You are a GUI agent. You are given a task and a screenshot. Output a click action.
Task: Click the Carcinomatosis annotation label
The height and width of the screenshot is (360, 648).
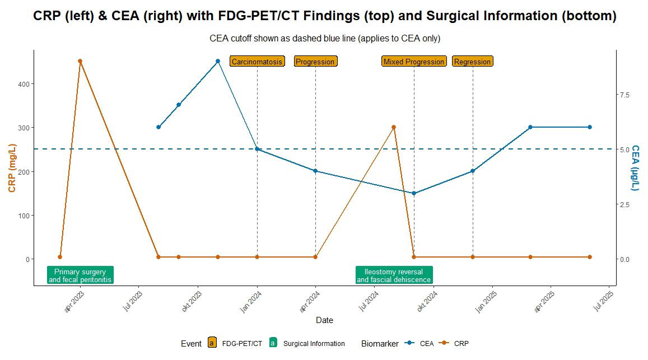(x=257, y=62)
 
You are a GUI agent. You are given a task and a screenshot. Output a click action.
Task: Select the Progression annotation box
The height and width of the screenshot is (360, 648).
(x=315, y=62)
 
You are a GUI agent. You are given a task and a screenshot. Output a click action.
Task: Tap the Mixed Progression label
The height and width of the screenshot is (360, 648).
(x=414, y=62)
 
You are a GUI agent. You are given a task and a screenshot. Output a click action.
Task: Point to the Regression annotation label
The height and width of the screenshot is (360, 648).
(x=472, y=62)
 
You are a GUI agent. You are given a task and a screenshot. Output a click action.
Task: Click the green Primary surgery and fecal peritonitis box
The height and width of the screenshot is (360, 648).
(x=80, y=275)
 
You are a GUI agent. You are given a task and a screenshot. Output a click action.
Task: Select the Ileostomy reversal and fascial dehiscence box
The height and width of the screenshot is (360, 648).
(x=394, y=275)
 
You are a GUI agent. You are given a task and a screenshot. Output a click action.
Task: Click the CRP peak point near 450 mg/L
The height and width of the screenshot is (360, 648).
(x=80, y=61)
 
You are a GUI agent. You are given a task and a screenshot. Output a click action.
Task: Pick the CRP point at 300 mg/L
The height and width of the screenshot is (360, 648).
(x=394, y=127)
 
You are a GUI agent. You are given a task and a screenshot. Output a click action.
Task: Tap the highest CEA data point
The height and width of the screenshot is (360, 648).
(x=218, y=61)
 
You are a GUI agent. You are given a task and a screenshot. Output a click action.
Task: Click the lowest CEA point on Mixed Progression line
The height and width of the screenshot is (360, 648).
(x=414, y=193)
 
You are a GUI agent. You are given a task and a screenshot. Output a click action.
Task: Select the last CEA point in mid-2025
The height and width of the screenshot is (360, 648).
(x=590, y=127)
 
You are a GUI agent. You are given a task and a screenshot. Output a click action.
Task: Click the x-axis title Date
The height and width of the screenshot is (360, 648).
(x=324, y=320)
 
